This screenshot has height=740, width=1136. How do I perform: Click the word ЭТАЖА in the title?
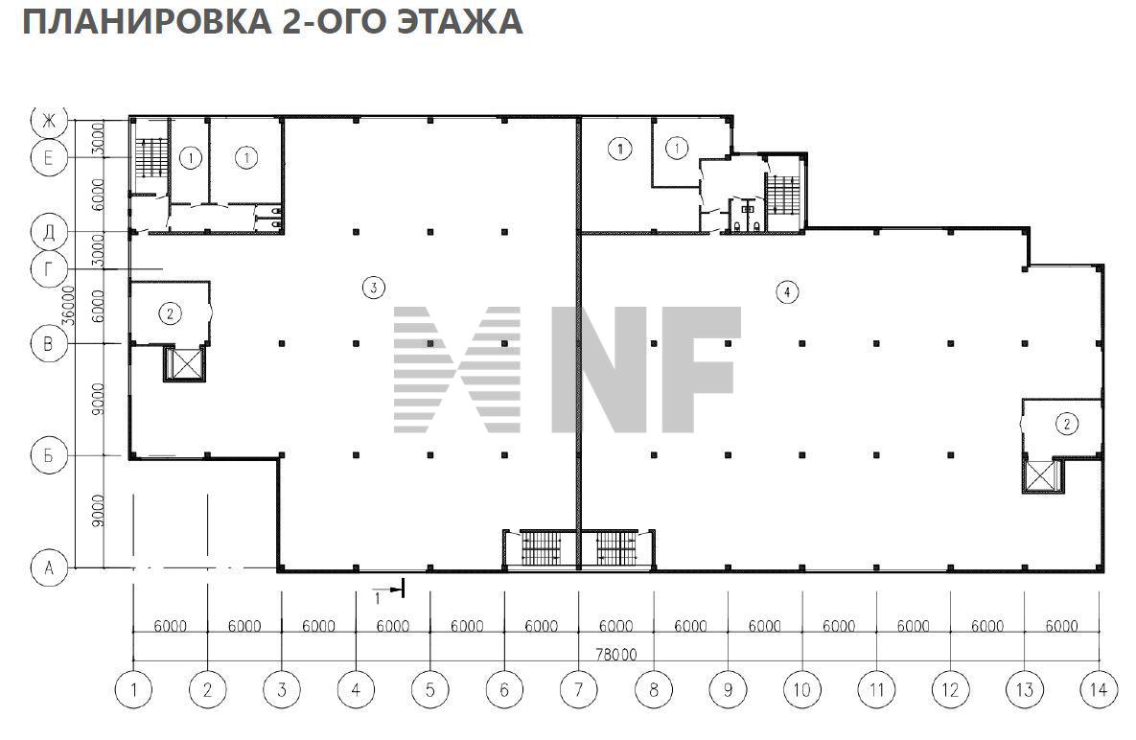pyautogui.click(x=459, y=21)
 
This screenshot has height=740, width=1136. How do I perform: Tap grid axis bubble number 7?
pyautogui.click(x=578, y=688)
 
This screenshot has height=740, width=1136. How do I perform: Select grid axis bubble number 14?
pyautogui.click(x=1099, y=688)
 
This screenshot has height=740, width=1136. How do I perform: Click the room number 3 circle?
pyautogui.click(x=374, y=286)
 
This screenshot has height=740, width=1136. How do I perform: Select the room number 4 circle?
pyautogui.click(x=786, y=293)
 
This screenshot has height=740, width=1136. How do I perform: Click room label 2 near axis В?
pyautogui.click(x=170, y=312)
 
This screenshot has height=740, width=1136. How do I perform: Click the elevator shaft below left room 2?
pyautogui.click(x=184, y=364)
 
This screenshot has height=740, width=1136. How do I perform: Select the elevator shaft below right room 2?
pyautogui.click(x=1040, y=476)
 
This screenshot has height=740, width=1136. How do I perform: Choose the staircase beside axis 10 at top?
pyautogui.click(x=785, y=195)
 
